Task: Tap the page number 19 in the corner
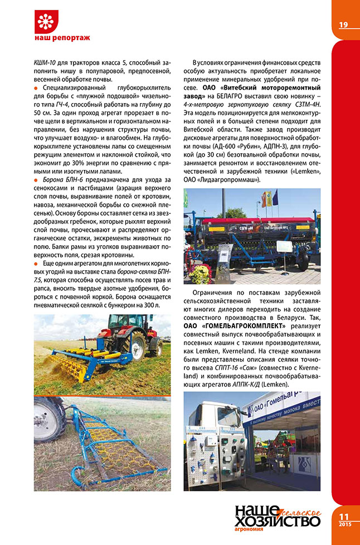click(x=343, y=24)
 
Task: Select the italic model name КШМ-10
click(x=46, y=60)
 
